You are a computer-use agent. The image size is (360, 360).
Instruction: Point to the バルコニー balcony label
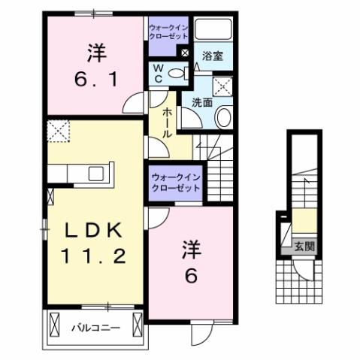pos(96,328)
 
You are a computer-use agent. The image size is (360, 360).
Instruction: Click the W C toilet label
pos(159,73)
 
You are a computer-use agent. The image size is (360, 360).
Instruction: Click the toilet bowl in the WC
pos(177,73)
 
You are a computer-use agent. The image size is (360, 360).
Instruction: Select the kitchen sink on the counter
pos(96,174)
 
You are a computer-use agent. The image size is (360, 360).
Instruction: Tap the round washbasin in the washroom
pos(223,116)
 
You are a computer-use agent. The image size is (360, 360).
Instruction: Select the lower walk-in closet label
pos(175,182)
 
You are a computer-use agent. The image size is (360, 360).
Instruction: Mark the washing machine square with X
pos(223,84)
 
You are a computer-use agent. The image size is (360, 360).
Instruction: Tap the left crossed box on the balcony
pos(53,325)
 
